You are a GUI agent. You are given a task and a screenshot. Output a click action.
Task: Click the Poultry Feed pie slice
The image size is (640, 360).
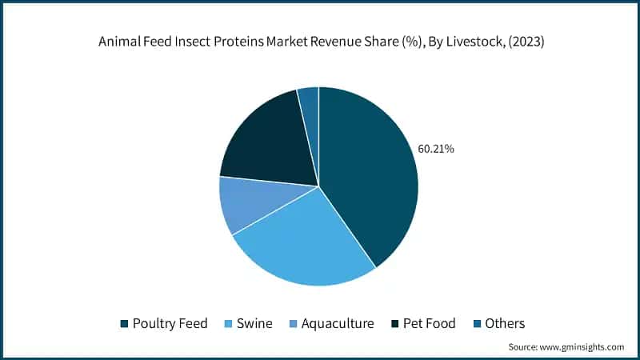pyautogui.click(x=368, y=176)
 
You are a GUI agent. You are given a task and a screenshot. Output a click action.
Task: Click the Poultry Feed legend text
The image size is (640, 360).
pyautogui.click(x=170, y=323)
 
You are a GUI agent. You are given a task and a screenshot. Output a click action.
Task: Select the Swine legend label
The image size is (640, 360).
pyautogui.click(x=255, y=323)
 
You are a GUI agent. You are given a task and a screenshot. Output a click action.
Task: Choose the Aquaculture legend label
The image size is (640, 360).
pyautogui.click(x=338, y=323)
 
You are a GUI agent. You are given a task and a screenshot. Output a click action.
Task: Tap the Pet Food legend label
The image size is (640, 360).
pyautogui.click(x=430, y=323)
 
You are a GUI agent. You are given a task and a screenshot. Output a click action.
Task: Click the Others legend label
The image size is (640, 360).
pyautogui.click(x=505, y=323)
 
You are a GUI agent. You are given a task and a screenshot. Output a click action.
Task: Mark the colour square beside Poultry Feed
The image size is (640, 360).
pyautogui.click(x=123, y=324)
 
